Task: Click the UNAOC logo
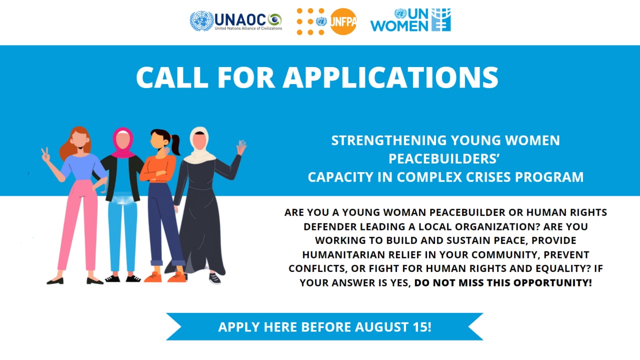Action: (236, 21)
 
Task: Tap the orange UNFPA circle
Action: (343, 21)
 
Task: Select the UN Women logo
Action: (410, 20)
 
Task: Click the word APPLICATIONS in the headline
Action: (390, 77)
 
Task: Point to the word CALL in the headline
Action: (172, 77)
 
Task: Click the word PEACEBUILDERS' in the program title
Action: (444, 159)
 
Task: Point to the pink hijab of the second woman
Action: (123, 143)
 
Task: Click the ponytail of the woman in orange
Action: (175, 144)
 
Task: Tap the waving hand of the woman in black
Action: (241, 147)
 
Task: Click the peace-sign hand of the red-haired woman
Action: (45, 155)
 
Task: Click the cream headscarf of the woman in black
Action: (199, 146)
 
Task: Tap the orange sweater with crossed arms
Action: (158, 169)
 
